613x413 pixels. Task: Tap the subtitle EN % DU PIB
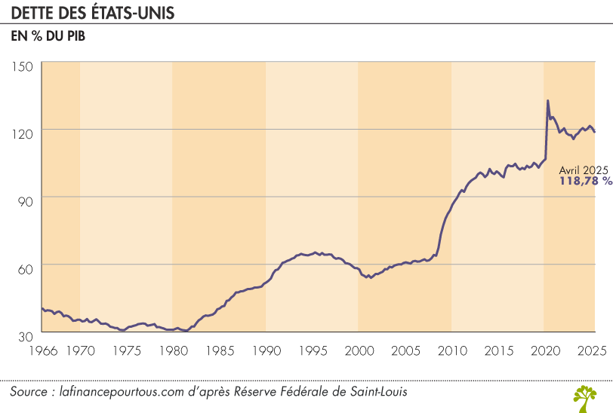[48, 36]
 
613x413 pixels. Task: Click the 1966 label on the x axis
[41, 350]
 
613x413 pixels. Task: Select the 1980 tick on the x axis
[174, 350]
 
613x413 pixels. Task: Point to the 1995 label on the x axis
[313, 350]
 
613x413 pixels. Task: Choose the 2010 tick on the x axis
[451, 350]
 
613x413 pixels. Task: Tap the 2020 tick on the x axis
[544, 350]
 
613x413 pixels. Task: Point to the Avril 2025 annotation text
[583, 170]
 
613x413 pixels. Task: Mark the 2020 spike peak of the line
[547, 101]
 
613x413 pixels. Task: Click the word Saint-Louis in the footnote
[384, 393]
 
